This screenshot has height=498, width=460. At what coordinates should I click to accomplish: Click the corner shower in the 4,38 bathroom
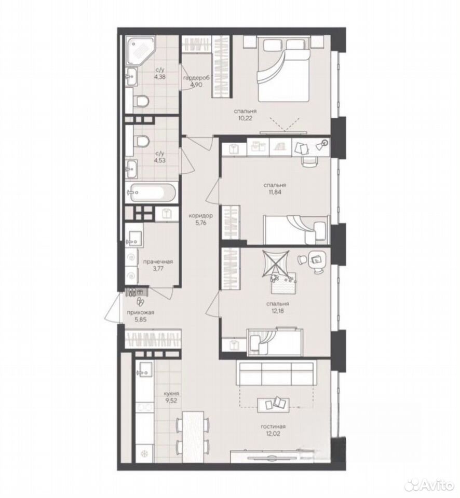click(x=140, y=51)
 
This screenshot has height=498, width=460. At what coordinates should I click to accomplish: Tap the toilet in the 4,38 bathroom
click(x=141, y=101)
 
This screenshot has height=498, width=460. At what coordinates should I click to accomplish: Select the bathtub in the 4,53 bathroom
click(x=151, y=192)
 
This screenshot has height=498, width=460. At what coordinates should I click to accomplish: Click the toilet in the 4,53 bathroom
click(x=141, y=141)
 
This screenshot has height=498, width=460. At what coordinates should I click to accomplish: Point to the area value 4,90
click(x=196, y=85)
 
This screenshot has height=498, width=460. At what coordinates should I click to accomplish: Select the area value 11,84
click(x=275, y=192)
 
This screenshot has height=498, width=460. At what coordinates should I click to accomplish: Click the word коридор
click(x=200, y=216)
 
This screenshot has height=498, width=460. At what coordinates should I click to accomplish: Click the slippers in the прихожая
click(x=140, y=301)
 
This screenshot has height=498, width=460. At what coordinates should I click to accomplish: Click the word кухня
click(x=171, y=394)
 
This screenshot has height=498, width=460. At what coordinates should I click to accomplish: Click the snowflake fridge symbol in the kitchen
click(x=144, y=453)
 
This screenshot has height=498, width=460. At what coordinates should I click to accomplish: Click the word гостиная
click(x=274, y=426)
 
